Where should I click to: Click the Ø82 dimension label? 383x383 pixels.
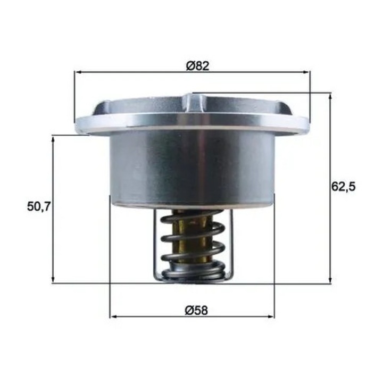197,66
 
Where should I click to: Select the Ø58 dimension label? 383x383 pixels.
196,311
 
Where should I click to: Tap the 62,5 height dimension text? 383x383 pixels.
344,187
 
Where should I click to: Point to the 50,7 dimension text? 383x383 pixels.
39,206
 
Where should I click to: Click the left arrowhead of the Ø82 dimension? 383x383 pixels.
78,72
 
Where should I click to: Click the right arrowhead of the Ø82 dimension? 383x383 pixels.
306,72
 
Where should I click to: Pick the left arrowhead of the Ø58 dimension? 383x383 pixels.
113,317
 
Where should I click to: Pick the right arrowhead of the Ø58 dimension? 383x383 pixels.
271,317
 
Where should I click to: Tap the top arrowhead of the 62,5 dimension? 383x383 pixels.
330,97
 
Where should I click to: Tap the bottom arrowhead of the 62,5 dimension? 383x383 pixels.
330,280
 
